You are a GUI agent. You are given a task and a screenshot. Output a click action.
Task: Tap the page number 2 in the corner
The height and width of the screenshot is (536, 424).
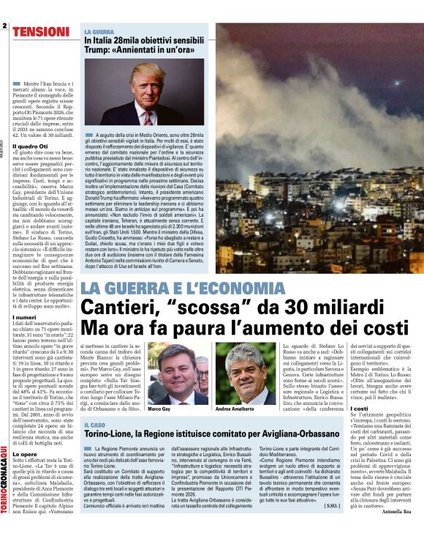[x=4, y=27]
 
